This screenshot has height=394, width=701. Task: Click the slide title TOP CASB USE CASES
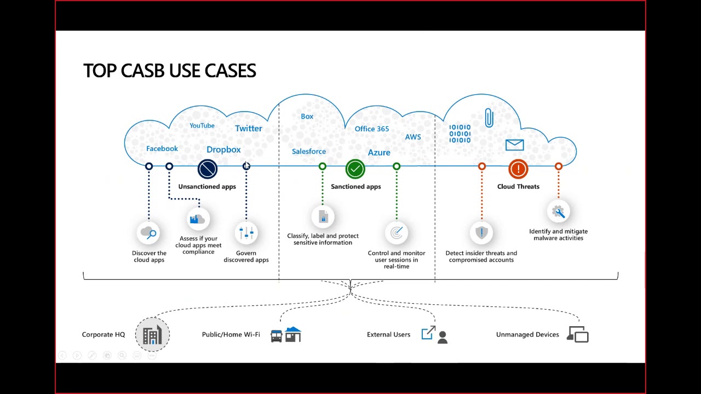[x=169, y=71]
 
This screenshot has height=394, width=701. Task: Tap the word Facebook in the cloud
[x=162, y=149]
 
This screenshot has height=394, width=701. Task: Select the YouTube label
[x=202, y=126]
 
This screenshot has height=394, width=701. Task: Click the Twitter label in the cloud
[x=249, y=129]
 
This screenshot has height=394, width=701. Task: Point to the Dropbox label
[x=223, y=150]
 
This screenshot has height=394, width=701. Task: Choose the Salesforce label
[x=309, y=152]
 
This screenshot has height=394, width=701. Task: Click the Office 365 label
[x=372, y=129]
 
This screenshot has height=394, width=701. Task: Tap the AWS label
[x=413, y=137]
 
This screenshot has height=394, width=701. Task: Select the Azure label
[x=379, y=153]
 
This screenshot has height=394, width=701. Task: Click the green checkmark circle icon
[x=355, y=169]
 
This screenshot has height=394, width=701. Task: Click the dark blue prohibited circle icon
[x=208, y=169]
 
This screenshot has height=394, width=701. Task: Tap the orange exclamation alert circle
[x=518, y=169]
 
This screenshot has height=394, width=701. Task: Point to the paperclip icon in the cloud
[x=489, y=118]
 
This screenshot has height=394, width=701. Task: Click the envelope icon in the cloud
[x=514, y=145]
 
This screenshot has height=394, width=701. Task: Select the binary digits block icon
[x=460, y=134]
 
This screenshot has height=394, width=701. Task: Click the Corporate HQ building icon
[x=152, y=334]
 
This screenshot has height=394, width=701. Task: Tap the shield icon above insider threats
[x=481, y=233]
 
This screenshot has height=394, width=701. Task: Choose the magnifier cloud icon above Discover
[x=149, y=234]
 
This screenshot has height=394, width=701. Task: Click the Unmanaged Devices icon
[x=578, y=334]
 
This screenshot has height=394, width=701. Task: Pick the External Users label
[x=388, y=334]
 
